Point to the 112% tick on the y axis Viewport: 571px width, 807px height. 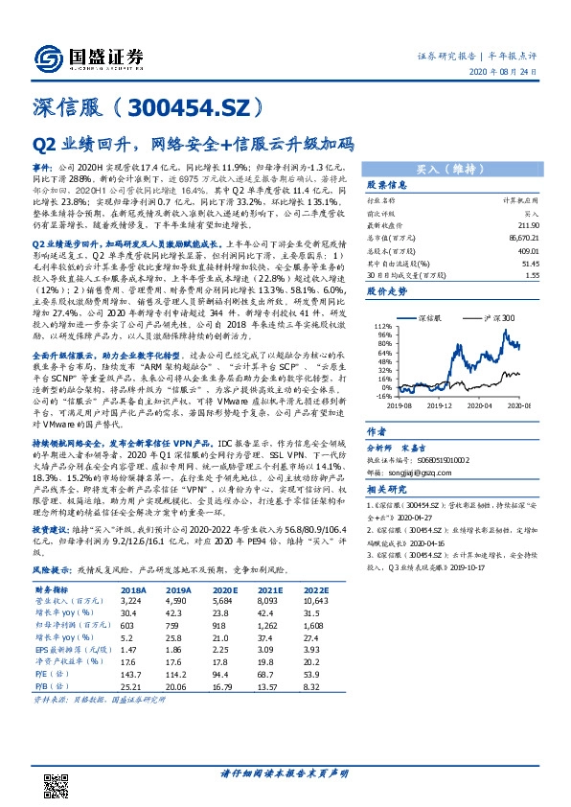[x=383, y=326]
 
